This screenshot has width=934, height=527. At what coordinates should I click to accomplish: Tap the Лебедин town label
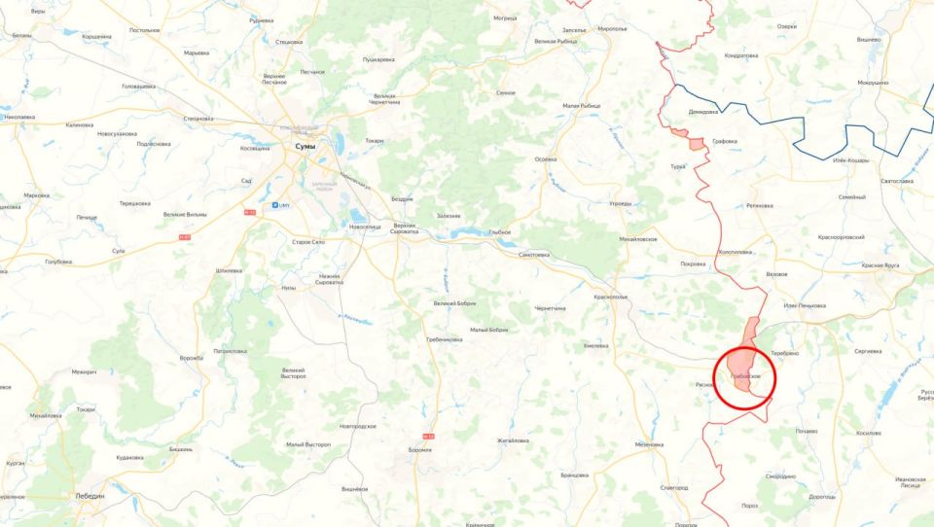pos(90,495)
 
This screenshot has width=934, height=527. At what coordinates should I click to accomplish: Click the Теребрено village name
pos(784,353)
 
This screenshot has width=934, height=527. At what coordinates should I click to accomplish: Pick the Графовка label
pos(725,141)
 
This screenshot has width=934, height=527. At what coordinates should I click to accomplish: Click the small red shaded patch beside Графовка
pos(696,144)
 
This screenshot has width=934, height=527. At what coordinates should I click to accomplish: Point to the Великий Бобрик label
pos(455,303)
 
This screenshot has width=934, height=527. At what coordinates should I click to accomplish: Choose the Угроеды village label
pos(620,204)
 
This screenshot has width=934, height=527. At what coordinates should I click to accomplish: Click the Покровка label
pos(694,263)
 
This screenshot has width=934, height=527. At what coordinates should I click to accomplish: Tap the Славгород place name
pos(674,487)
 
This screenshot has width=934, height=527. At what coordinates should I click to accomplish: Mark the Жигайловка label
pos(513,440)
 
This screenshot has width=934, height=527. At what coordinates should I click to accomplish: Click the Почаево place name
pos(806,431)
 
